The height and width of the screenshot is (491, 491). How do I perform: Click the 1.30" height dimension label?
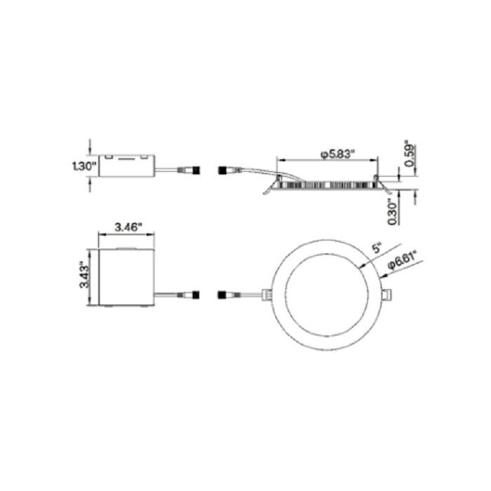pos(84,166)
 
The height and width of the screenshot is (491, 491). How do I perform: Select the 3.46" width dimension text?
pos(128,227)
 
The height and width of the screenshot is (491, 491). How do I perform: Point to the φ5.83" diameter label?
pos(337,154)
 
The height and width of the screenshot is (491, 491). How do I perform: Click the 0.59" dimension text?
pos(410,155)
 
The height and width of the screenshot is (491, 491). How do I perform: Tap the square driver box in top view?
pos(126,277)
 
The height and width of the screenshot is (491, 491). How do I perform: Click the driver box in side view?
pos(126,166)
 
